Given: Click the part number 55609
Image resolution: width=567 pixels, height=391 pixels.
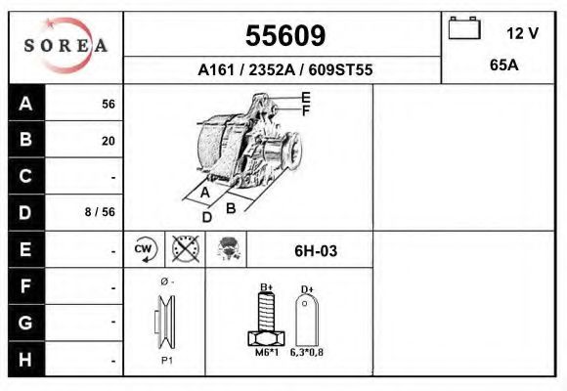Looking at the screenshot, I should point(284,35).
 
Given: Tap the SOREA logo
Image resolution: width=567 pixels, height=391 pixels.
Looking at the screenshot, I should point(65,46).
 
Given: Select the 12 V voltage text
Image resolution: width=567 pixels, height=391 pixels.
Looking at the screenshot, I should point(522,32).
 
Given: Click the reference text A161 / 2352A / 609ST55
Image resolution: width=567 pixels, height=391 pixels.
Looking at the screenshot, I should point(284,70).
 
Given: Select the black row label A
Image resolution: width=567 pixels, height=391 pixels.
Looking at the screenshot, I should point(26,103).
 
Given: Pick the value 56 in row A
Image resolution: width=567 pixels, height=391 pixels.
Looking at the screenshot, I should point(108,104).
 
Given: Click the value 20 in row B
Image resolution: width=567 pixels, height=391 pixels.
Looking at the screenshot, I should point(108,141).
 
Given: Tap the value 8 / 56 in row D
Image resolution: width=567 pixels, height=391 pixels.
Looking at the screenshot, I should point(101,212).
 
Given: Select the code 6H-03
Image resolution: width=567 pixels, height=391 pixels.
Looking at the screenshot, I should point(316,251).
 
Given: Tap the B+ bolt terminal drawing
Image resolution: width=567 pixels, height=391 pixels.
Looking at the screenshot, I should point(265,318).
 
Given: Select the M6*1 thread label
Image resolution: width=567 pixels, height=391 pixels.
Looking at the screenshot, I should point(266,353).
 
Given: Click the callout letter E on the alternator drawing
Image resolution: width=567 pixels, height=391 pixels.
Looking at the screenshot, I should point(306,97).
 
